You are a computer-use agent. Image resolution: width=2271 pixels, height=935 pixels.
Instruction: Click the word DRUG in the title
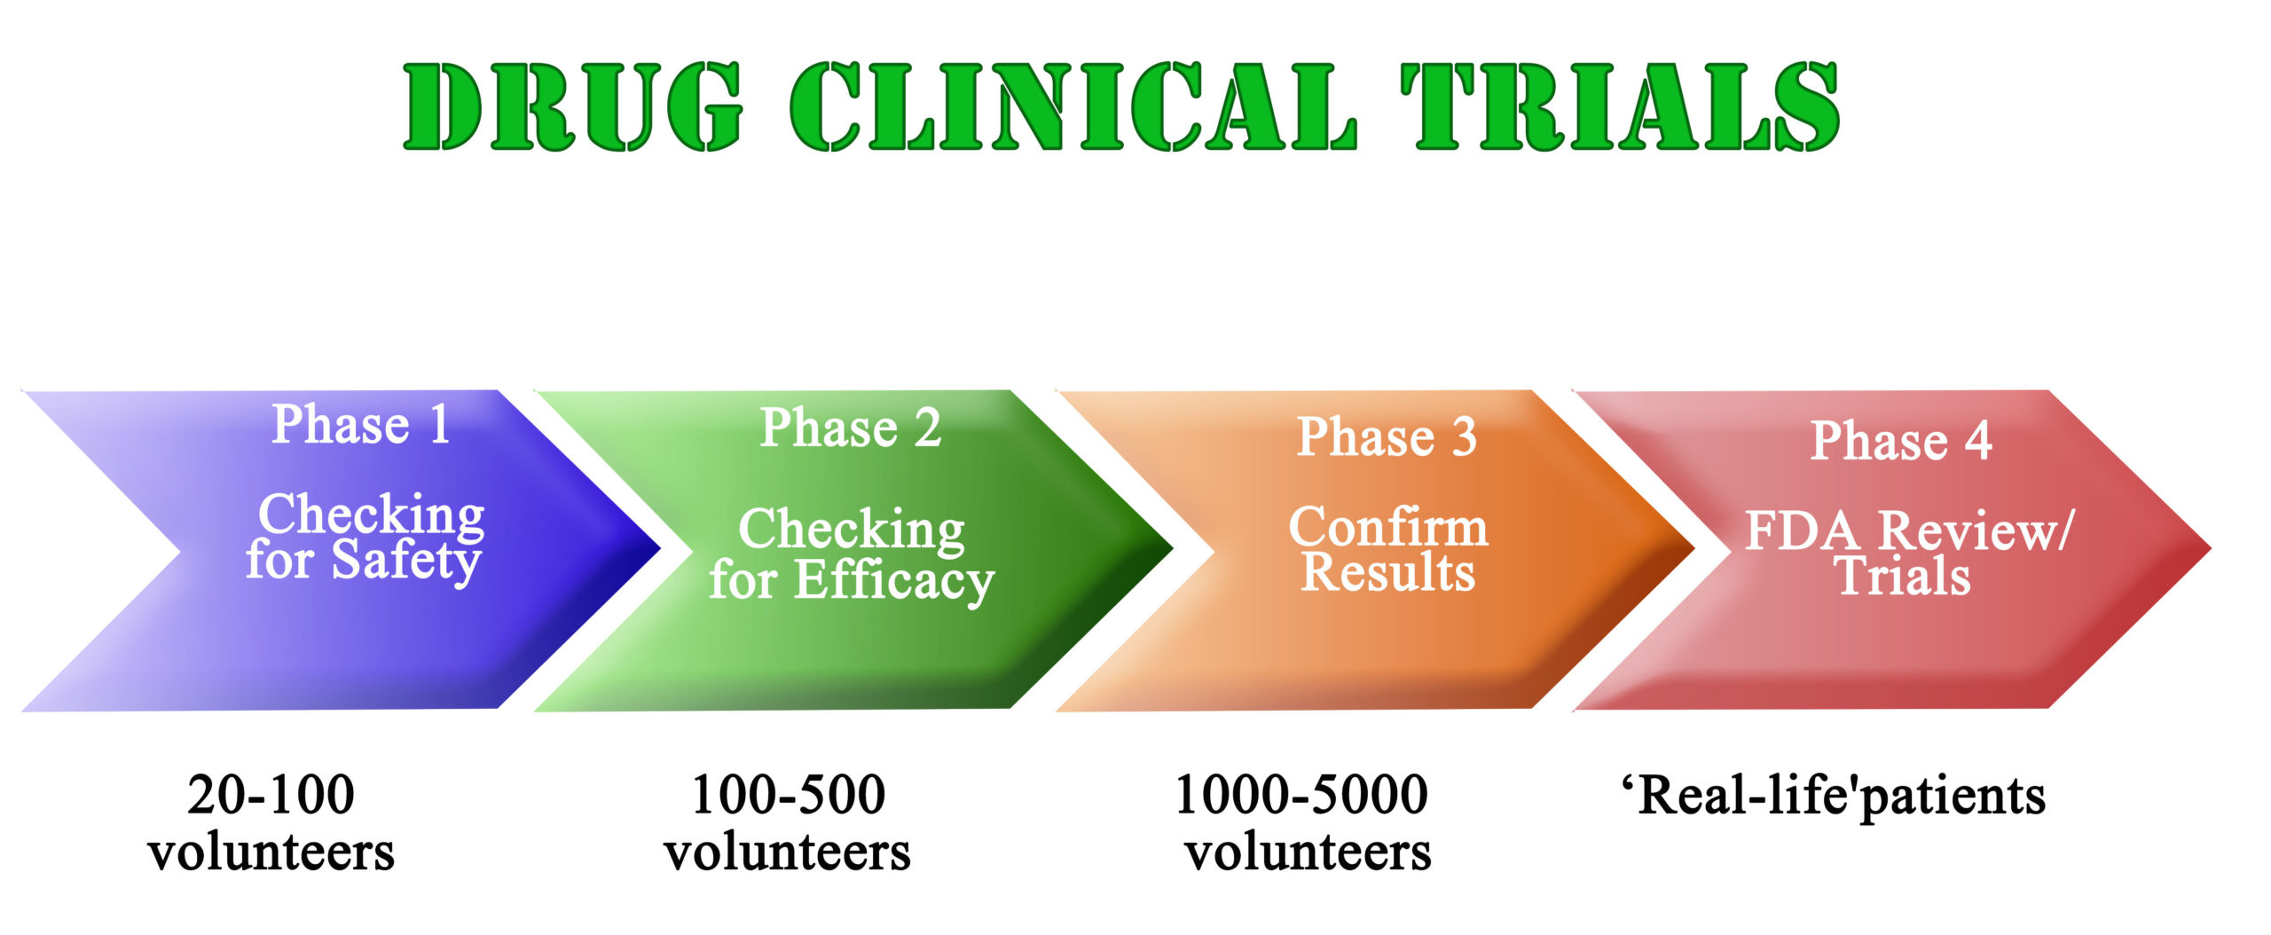[x=573, y=106]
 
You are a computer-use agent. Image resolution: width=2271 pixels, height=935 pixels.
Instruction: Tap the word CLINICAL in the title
[x=1073, y=106]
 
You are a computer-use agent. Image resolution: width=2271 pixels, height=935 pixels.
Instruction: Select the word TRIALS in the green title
[x=1620, y=106]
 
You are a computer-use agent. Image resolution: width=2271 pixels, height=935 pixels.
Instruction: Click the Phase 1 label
[x=361, y=424]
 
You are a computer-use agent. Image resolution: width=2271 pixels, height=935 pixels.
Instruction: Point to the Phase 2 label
[x=851, y=428]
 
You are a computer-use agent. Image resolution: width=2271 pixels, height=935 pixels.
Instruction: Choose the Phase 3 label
[x=1387, y=436]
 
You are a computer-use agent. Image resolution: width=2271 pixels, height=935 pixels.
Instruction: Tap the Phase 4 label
[x=1901, y=440]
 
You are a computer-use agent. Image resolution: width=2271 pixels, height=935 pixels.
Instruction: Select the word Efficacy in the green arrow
[x=894, y=582]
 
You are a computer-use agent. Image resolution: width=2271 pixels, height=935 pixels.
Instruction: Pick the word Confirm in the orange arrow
[x=1388, y=527]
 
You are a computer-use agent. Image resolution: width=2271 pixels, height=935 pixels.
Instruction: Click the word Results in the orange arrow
[x=1388, y=571]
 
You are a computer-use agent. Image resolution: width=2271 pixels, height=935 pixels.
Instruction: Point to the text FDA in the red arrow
[x=1802, y=532]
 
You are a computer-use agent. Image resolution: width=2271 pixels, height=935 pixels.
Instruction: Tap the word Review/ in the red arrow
[x=1976, y=532]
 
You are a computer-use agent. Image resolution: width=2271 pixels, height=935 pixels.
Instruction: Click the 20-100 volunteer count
[x=271, y=794]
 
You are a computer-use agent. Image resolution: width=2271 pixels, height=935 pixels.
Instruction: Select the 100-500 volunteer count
[x=788, y=794]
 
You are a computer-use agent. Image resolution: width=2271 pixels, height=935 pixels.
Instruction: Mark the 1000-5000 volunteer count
[x=1301, y=794]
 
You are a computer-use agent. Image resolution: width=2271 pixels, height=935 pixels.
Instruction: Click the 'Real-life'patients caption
[x=1834, y=796]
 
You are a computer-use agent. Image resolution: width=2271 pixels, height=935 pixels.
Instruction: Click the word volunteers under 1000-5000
[x=1308, y=852]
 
